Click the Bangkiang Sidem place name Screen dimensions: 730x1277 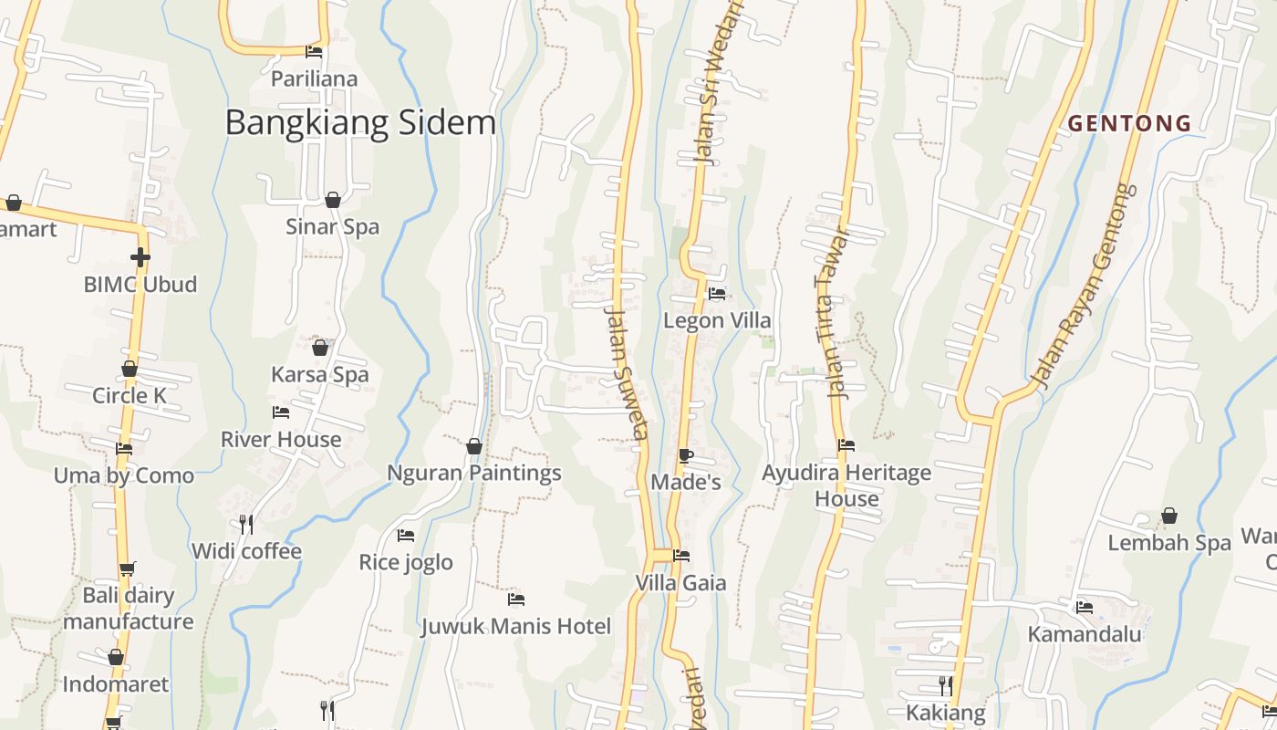[360, 122]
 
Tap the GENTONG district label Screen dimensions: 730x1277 [1130, 123]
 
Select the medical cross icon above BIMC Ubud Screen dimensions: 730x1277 [140, 257]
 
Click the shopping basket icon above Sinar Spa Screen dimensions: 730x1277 [333, 200]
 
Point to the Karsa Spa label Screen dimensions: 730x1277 [320, 374]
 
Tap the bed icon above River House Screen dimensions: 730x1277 [281, 412]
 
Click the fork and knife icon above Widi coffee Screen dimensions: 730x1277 [245, 524]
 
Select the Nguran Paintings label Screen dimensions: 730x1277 [474, 473]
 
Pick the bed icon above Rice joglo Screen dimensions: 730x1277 [406, 536]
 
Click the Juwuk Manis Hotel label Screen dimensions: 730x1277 [515, 626]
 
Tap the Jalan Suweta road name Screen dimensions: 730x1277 [627, 372]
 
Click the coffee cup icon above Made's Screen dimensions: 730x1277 [685, 455]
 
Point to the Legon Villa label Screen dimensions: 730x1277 [717, 320]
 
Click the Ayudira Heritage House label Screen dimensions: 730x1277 [846, 485]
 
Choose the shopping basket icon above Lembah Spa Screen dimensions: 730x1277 [1168, 516]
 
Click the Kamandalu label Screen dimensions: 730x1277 [1085, 633]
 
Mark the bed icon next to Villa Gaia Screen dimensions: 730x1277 [681, 555]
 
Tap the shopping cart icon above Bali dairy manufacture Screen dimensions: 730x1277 [127, 568]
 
